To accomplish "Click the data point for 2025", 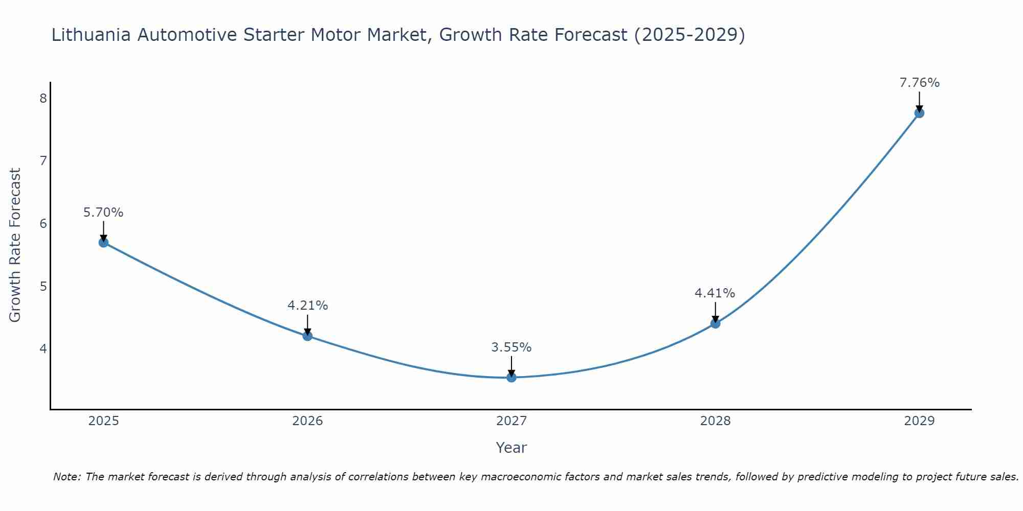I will coord(103,242).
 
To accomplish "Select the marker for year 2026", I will coord(307,336).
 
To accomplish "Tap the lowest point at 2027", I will coord(511,377).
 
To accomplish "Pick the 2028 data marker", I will coord(715,323).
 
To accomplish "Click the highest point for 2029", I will coord(919,113).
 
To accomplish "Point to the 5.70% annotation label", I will coord(103,213).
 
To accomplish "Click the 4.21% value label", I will coord(307,306).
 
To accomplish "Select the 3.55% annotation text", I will coord(511,347).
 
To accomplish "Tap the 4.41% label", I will coord(715,293).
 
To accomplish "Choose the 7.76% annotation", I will coord(919,83).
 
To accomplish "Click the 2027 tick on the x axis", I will coord(511,421).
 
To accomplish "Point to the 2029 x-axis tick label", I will coord(919,421).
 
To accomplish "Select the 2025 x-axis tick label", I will coord(103,421).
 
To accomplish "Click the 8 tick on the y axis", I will coord(43,98).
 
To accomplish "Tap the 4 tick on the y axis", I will coord(43,349).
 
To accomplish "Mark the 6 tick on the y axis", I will coord(43,223).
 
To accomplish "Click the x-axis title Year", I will coord(511,448).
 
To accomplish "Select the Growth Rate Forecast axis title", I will coord(15,245).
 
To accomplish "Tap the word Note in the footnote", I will coord(66,477).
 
